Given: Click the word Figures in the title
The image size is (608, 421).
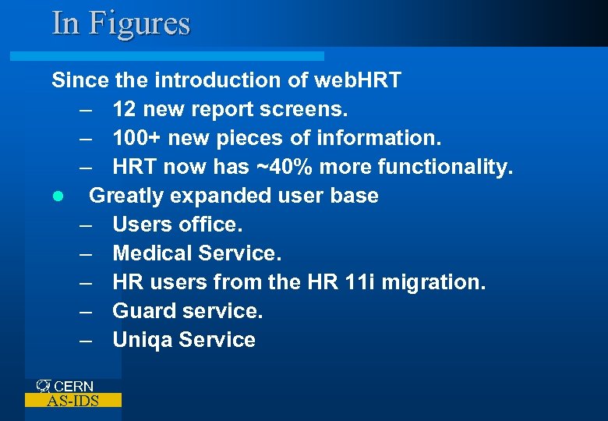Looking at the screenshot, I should pos(139,23).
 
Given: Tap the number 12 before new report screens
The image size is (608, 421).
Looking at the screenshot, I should pos(125,109).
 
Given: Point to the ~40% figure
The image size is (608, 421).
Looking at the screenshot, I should pos(287,167).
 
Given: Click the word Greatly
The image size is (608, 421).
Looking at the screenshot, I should pos(128,196).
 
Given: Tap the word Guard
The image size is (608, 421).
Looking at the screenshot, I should pos(143,311).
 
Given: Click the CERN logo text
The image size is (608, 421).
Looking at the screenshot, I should pos(73,386).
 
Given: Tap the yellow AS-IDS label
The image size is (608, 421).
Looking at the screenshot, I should pos(73,401).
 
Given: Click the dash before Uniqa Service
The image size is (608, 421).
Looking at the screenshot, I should pos(85,340).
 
